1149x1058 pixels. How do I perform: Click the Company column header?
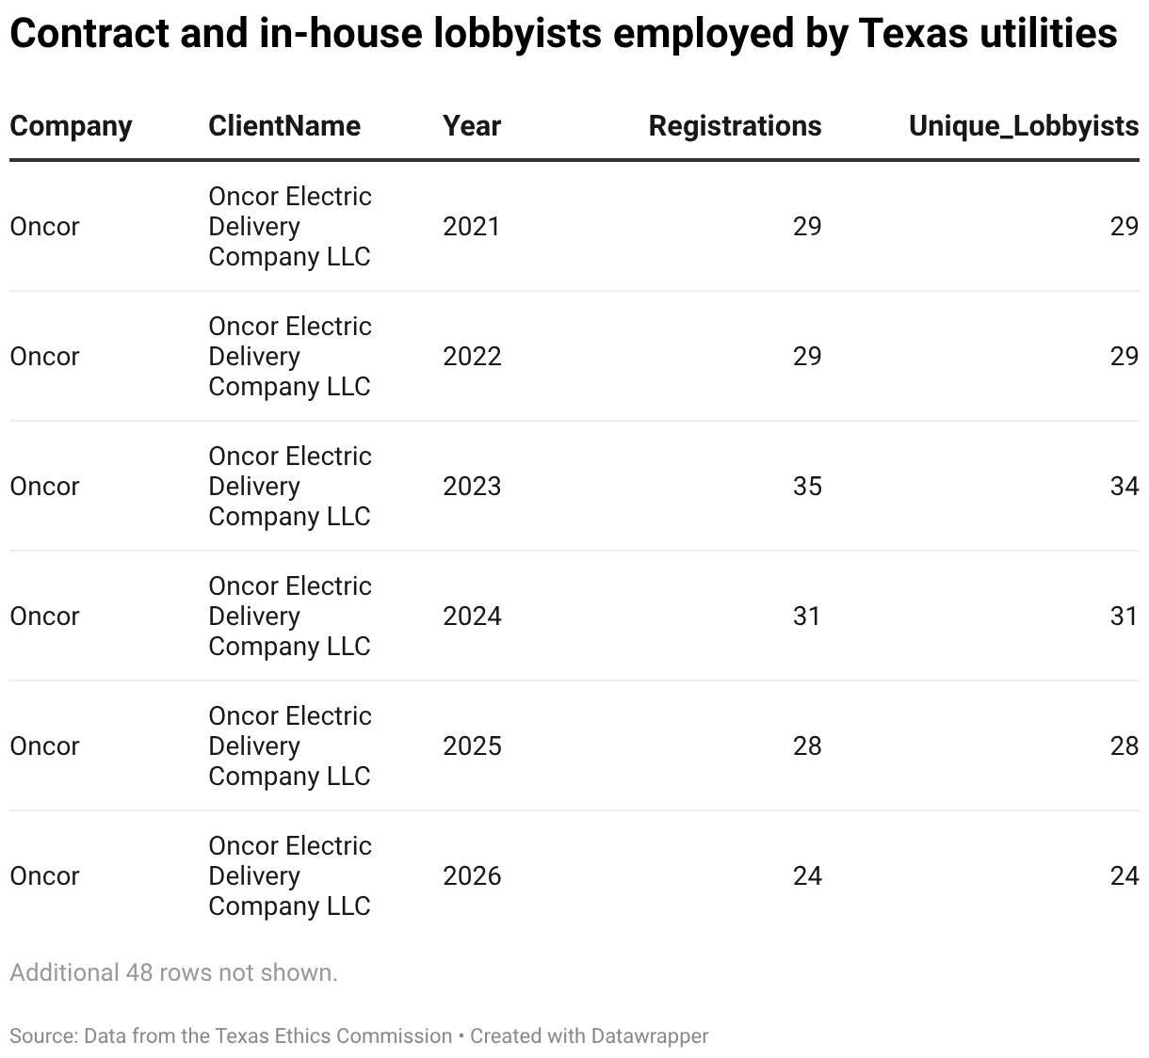point(71,126)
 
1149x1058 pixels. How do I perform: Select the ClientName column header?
point(284,126)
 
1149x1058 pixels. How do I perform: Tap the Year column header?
point(472,126)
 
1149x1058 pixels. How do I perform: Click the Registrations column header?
point(735,126)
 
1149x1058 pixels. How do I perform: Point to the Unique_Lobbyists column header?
point(1024,126)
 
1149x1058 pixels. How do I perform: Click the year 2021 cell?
point(472,227)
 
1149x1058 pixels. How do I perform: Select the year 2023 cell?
point(472,487)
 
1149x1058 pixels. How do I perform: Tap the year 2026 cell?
point(472,876)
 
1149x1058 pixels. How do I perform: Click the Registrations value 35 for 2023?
point(807,487)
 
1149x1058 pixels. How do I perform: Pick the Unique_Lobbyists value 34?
point(1125,487)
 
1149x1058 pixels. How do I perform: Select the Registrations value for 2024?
point(807,617)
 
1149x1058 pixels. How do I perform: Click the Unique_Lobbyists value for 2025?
point(1125,746)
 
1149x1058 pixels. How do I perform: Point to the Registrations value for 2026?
point(807,876)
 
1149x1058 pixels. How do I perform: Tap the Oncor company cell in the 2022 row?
point(44,357)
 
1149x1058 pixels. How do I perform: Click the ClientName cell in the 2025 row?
point(290,746)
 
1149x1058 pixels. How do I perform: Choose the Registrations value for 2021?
point(807,227)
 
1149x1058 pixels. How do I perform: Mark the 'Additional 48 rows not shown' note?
point(173,972)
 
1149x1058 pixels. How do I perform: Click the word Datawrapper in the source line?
point(650,1036)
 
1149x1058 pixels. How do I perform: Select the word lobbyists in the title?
point(517,34)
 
